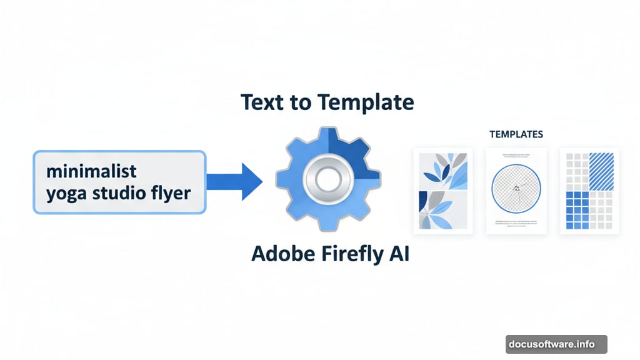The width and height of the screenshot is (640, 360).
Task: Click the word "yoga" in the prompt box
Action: coord(67,192)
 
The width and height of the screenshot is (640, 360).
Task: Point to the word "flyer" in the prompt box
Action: coord(168,192)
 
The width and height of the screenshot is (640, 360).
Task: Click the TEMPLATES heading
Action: coord(516,134)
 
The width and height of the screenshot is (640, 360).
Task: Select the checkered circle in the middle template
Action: coord(516,186)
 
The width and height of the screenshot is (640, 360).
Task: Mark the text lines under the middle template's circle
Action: coord(516,223)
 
